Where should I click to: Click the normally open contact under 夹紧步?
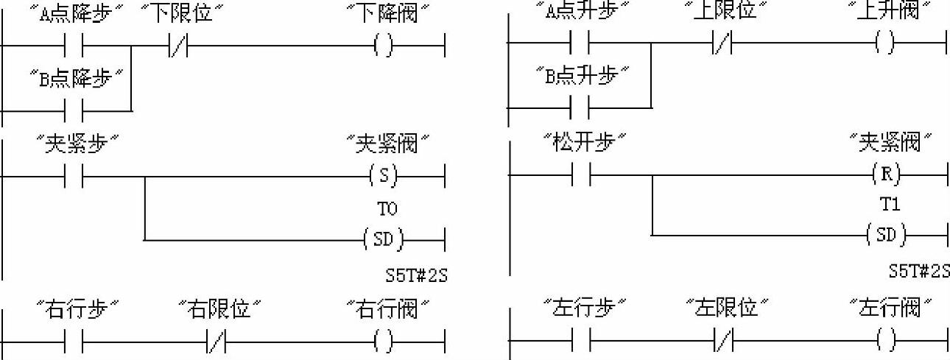pos(74,177)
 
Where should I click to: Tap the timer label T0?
pos(387,209)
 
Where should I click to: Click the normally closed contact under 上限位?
pos(722,46)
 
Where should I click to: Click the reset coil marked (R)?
pos(885,176)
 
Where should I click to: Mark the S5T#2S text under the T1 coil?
pos(918,272)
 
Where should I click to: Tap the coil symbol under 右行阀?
pos(384,341)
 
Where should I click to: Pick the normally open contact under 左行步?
pos(582,341)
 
